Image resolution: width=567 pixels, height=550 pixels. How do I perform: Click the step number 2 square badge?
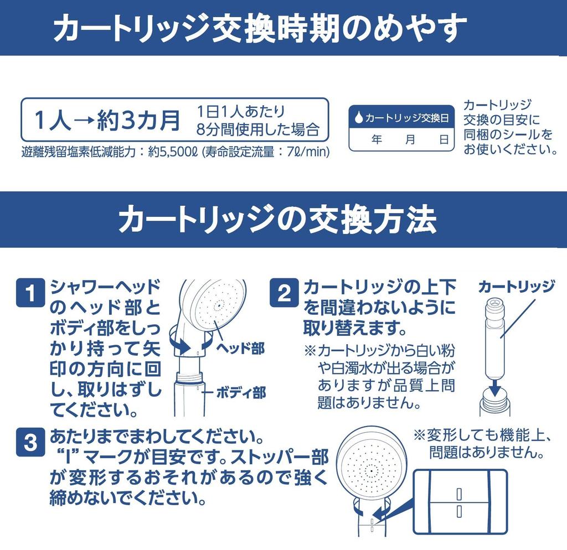tap(284, 293)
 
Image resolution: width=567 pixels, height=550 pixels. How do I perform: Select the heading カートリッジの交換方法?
tap(277, 220)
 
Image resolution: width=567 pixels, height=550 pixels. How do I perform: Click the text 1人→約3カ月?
tap(107, 120)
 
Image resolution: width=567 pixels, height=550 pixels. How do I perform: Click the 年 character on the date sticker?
tap(377, 139)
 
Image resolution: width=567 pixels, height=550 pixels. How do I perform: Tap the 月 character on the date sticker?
tap(410, 139)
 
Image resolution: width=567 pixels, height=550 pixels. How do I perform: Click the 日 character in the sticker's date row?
tap(444, 139)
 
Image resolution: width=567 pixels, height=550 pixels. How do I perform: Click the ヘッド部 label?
tap(239, 348)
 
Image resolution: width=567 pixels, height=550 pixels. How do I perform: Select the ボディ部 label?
tap(241, 393)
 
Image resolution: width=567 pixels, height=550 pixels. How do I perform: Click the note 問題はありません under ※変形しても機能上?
tap(485, 454)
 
